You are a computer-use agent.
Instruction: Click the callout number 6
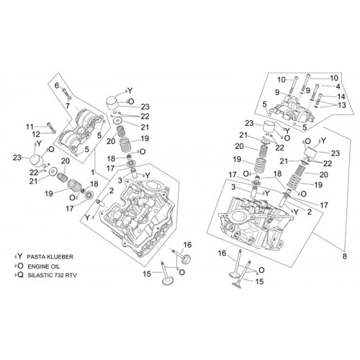pos(57,85)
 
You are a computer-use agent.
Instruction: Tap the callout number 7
pos(68,106)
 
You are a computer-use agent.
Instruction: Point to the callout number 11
pos(30,127)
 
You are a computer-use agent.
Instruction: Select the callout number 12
pos(36,134)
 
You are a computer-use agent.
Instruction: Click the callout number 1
pos(93,172)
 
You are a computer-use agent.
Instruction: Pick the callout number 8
pos(345,256)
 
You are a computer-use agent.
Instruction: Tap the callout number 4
pos(338,86)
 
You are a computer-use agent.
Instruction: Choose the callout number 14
pos(341,96)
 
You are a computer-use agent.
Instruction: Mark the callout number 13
pos(342,105)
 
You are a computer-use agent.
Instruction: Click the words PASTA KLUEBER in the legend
pos(50,257)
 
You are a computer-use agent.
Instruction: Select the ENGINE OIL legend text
pos(44,266)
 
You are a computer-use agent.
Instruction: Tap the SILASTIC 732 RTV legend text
pos(52,275)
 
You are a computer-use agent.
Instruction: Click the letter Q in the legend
pos(21,275)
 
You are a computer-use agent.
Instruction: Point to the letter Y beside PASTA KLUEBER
pos(20,256)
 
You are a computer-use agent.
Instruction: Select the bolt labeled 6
pos(67,94)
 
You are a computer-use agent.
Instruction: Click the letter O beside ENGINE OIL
pos(21,266)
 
